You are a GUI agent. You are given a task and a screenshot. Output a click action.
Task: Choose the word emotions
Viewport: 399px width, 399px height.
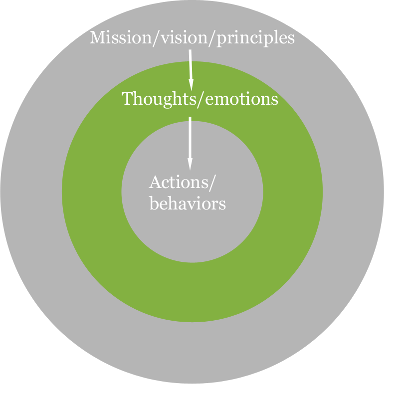point(240,99)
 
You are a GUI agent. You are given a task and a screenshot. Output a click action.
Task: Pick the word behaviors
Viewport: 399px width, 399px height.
point(187,203)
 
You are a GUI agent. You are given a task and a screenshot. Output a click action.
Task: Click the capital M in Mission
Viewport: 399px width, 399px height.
point(97,37)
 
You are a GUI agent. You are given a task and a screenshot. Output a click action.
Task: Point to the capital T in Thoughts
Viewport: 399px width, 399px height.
point(127,99)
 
